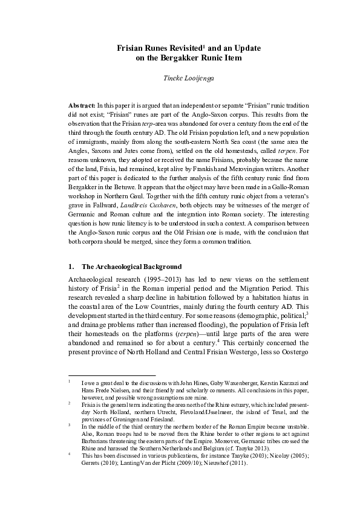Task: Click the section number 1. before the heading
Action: [x=71, y=266]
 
